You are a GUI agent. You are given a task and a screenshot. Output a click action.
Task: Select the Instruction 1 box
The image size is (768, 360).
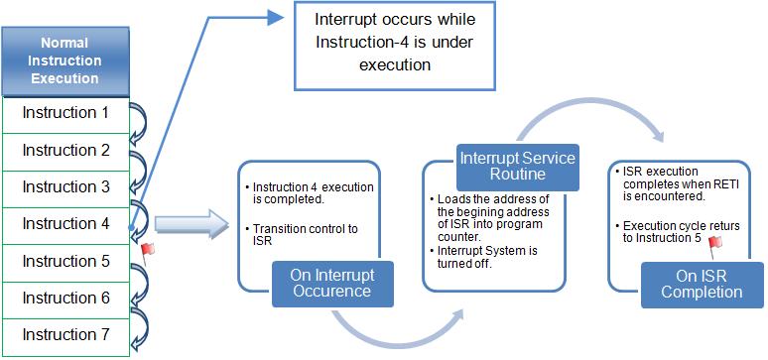(65, 113)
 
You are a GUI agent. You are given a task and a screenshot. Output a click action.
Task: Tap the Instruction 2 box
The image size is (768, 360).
(65, 151)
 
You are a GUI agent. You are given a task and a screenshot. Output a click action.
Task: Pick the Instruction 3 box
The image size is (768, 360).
(65, 187)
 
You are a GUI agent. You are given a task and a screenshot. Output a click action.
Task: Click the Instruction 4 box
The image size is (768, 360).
(65, 224)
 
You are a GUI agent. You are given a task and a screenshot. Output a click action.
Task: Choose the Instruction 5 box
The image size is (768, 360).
(65, 262)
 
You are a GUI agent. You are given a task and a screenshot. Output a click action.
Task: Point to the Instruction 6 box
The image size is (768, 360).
(65, 299)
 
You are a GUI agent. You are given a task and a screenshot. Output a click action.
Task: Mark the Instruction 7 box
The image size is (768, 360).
(65, 335)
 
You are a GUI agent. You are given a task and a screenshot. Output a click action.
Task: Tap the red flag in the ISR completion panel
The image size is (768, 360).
(713, 241)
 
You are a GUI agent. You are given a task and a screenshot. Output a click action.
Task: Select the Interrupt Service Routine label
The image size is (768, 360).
(516, 167)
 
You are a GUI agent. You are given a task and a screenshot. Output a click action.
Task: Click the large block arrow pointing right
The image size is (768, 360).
(189, 227)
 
